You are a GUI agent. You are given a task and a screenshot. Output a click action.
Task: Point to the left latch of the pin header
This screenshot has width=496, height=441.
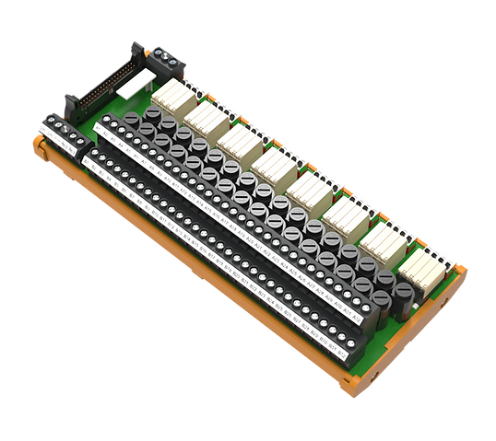click(67, 99)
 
